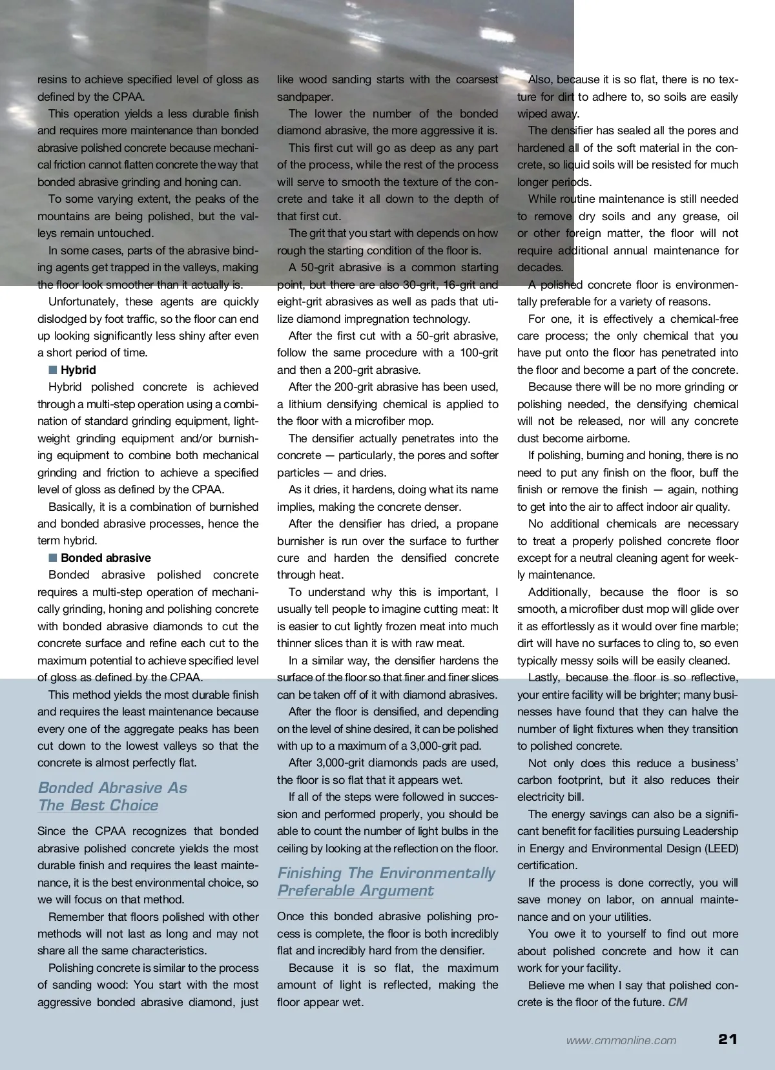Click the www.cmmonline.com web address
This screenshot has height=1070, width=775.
coord(621,1040)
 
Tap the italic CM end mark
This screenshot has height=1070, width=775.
coord(677,1002)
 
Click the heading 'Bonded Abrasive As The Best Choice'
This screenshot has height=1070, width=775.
coord(112,796)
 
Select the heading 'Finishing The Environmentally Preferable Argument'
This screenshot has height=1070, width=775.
coord(386,881)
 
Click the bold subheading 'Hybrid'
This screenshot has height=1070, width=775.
coord(78,370)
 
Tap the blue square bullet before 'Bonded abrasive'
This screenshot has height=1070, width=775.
coord(52,558)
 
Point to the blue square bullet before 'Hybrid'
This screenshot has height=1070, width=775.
coord(52,370)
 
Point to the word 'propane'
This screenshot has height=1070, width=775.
coord(477,524)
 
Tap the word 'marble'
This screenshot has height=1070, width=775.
coord(718,626)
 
